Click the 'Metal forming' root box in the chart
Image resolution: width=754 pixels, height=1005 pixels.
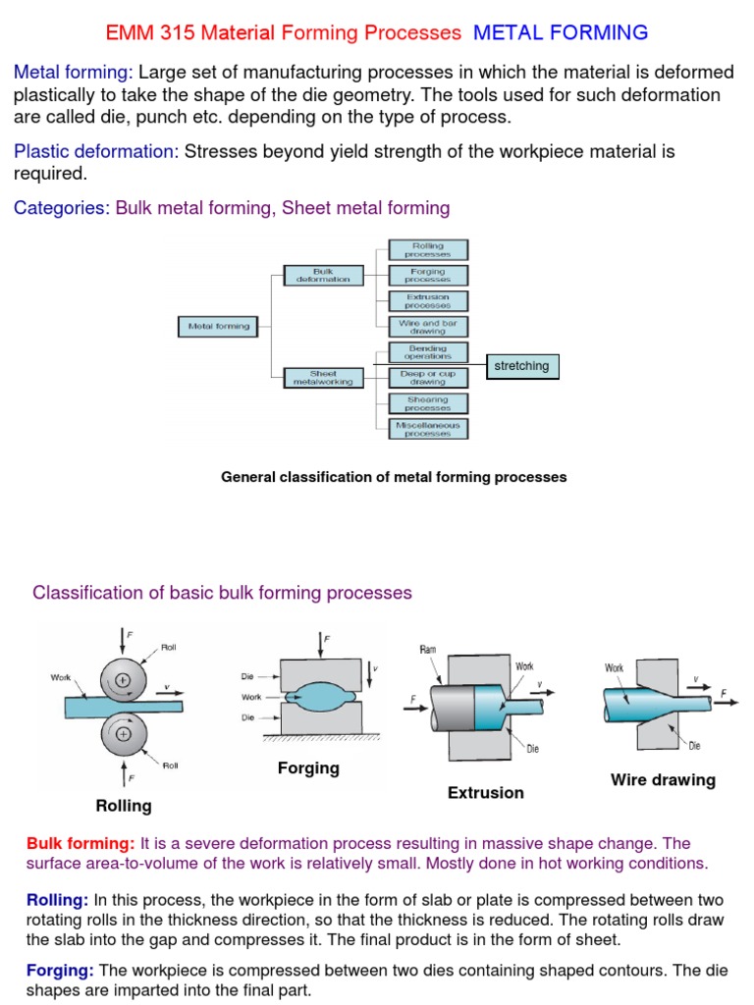219,326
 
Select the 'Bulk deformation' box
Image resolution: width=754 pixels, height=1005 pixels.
323,276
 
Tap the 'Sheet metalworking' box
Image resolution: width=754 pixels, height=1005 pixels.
323,377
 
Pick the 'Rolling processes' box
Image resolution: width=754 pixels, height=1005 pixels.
428,249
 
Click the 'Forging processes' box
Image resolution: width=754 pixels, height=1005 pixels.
428,276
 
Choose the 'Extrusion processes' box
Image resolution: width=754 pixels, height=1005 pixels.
428,300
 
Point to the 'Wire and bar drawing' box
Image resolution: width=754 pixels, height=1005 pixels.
428,326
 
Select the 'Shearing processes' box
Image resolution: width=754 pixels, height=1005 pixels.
428,402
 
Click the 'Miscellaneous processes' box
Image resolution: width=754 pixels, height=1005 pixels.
428,428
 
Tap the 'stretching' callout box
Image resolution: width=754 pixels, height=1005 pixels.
522,366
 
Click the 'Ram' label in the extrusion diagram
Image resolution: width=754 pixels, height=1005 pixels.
428,649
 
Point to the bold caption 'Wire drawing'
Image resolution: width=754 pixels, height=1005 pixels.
663,780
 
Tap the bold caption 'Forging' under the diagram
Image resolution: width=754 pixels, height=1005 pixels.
308,768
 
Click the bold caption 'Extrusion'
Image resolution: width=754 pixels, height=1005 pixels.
486,792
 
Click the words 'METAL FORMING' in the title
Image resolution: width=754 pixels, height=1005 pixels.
561,32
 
